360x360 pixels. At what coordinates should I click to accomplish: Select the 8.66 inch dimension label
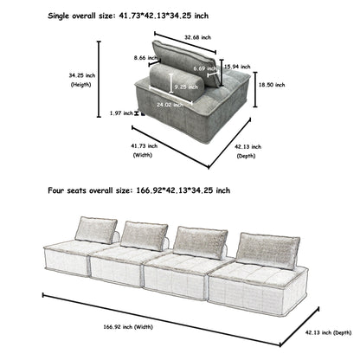[x=133, y=58]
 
